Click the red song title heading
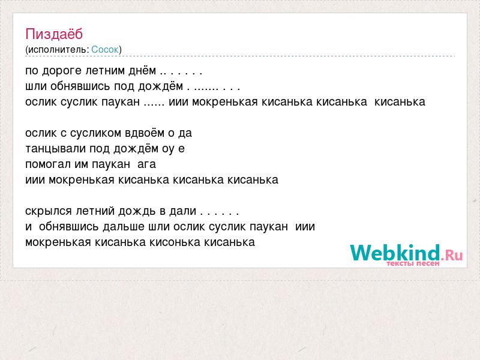54,34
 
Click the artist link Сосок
105,50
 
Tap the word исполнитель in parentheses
58,50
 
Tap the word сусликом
96,133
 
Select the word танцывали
56,149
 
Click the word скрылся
49,212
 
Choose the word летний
95,211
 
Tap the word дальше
124,227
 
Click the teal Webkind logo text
395,253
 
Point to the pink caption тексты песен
413,263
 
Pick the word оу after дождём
168,149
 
